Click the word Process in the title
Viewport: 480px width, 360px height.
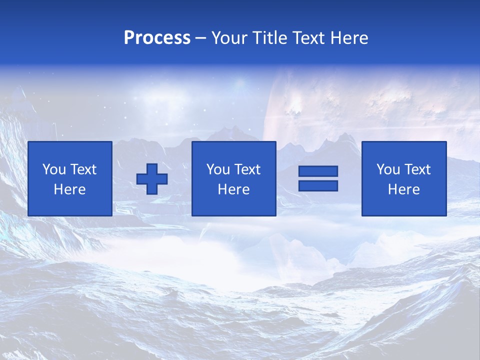pyautogui.click(x=157, y=38)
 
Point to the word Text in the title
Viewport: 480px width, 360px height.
pyautogui.click(x=310, y=38)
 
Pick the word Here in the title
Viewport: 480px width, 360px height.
pyautogui.click(x=349, y=38)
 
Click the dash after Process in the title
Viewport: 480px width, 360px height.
pyautogui.click(x=200, y=39)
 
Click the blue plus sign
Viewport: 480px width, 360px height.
pyautogui.click(x=152, y=179)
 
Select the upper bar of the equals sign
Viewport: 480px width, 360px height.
pyautogui.click(x=318, y=171)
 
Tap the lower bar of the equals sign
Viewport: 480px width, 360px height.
pyautogui.click(x=318, y=186)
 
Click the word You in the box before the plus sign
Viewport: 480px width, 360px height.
pyautogui.click(x=53, y=169)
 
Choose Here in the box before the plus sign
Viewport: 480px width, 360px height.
pyautogui.click(x=69, y=189)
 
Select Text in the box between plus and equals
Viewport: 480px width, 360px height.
pyautogui.click(x=247, y=169)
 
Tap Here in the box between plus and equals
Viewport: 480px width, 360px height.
pyautogui.click(x=234, y=189)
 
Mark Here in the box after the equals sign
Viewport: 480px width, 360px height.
pyautogui.click(x=404, y=189)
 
